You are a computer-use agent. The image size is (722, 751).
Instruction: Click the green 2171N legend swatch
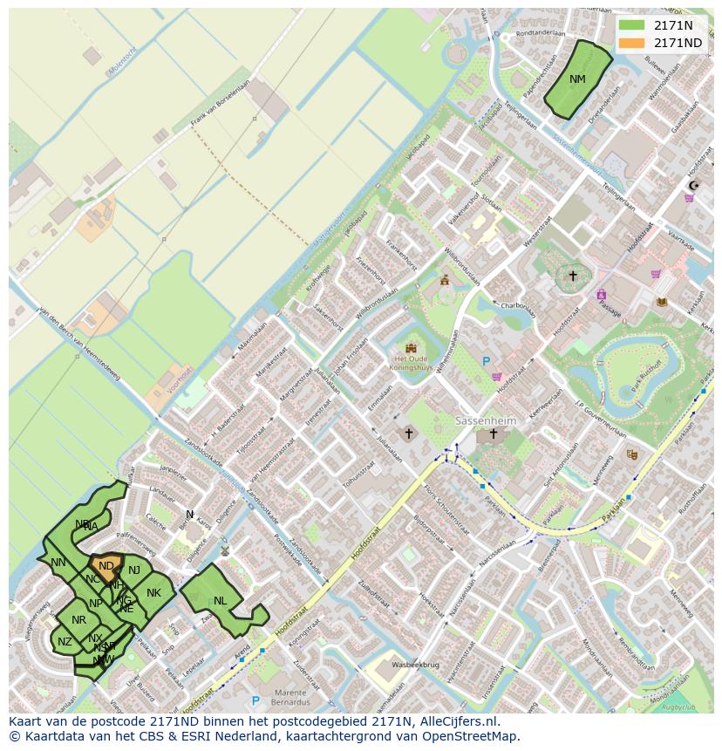[632, 25]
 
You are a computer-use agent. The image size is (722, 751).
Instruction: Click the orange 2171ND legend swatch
[632, 43]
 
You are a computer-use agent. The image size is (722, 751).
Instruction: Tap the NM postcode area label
[577, 79]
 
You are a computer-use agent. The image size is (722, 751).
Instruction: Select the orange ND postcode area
[106, 566]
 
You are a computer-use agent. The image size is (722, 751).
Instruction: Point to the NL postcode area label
[220, 601]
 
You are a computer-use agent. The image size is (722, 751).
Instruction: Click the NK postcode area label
[153, 593]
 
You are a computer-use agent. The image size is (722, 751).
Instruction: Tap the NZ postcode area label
[65, 642]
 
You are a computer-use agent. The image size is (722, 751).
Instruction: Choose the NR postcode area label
[79, 620]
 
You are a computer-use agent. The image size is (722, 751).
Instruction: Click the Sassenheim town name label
[487, 420]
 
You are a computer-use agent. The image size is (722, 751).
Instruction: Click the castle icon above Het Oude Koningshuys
[411, 347]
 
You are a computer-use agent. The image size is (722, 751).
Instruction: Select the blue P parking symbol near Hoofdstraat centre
[487, 361]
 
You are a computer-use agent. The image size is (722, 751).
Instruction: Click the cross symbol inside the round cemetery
[572, 276]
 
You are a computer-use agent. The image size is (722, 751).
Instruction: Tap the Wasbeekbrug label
[413, 665]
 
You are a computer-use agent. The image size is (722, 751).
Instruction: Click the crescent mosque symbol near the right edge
[694, 186]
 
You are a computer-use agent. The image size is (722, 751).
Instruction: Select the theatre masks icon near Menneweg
[631, 454]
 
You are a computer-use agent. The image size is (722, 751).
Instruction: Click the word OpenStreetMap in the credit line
[475, 736]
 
